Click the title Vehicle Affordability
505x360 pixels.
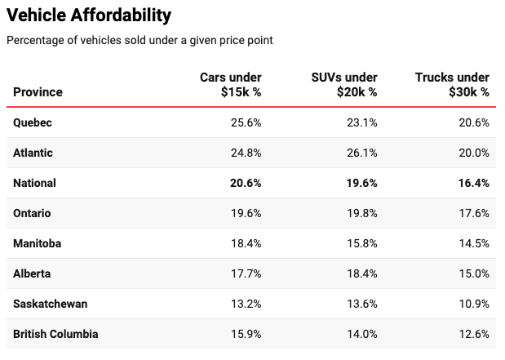pos(89,16)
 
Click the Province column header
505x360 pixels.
pos(38,92)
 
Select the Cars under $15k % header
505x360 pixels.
pos(231,84)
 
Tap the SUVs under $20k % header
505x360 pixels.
pos(344,84)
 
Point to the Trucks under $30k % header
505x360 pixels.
pos(452,84)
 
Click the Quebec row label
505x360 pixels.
pos(33,122)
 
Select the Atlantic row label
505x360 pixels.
pos(33,153)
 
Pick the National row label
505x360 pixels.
pos(34,183)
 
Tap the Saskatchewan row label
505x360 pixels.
pos(51,304)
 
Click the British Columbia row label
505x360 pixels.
pos(55,334)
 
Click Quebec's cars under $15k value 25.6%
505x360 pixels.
pos(246,122)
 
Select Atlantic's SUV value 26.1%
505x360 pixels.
pos(362,153)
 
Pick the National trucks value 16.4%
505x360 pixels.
pos(474,183)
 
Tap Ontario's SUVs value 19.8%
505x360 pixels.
pos(362,213)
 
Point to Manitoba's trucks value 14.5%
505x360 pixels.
pos(474,243)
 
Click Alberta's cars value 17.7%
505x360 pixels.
pos(246,273)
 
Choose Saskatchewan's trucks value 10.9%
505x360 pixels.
pos(474,304)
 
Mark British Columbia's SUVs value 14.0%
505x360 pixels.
pos(362,334)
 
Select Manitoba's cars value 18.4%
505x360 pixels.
pos(246,243)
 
